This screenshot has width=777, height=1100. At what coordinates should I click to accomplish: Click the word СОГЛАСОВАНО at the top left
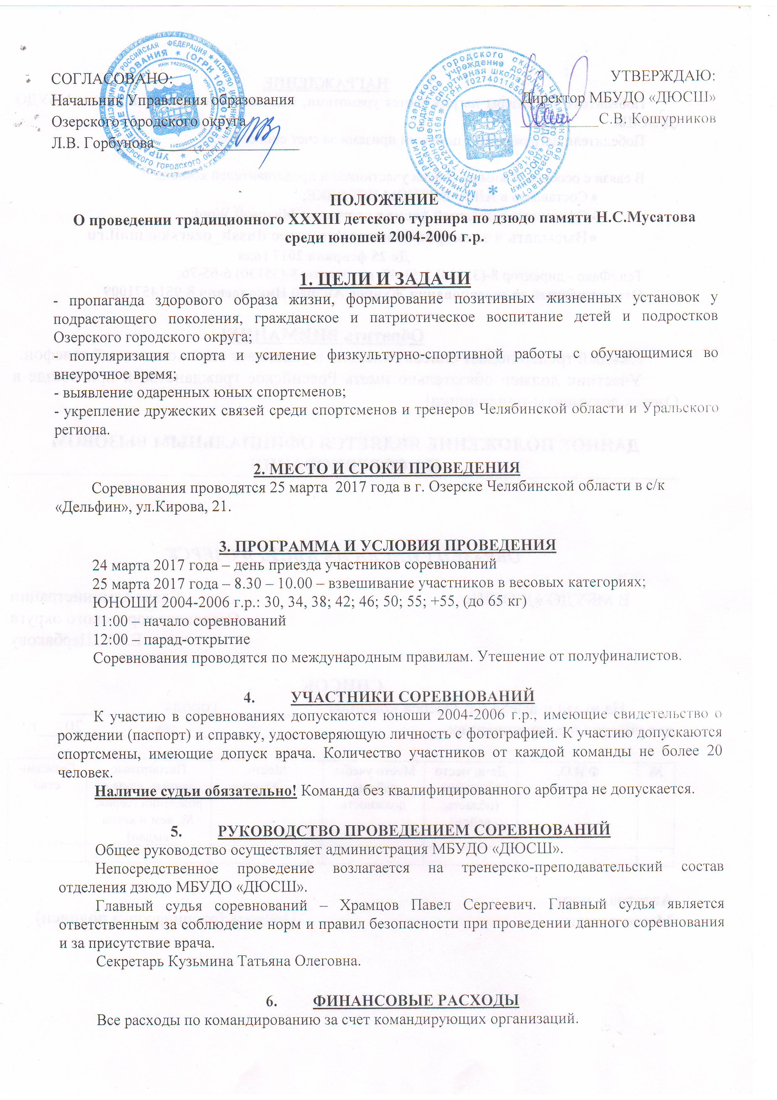[111, 79]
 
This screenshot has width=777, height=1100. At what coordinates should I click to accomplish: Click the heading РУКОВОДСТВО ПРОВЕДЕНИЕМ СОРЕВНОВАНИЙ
[414, 830]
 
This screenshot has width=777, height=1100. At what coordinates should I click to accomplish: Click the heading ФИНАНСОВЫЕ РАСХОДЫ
[415, 1000]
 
